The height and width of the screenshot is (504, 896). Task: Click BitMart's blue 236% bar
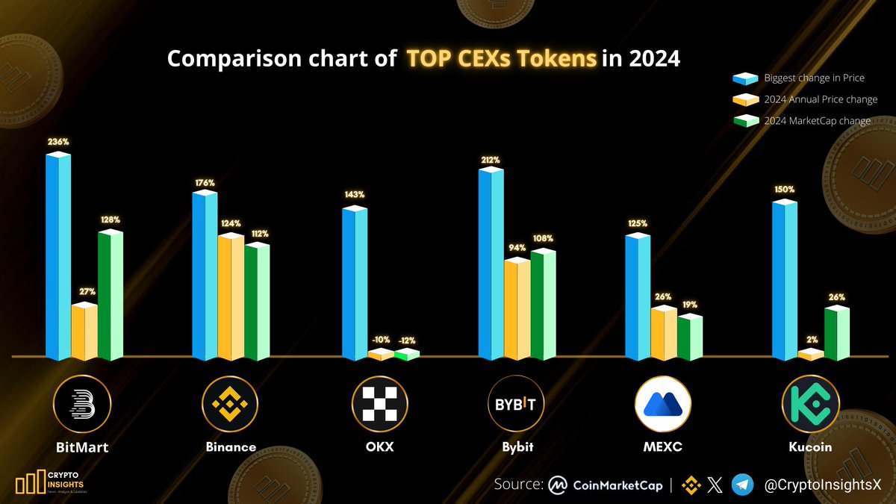[58, 258]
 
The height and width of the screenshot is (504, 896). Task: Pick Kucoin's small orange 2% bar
[810, 355]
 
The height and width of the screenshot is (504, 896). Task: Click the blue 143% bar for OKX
[355, 284]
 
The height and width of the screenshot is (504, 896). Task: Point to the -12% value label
[407, 341]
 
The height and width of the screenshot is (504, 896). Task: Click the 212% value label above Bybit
[491, 160]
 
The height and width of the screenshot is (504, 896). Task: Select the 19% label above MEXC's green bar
[690, 305]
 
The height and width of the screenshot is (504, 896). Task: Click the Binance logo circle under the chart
[231, 404]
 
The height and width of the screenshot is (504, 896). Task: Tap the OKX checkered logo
[380, 404]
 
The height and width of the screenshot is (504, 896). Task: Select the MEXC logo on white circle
[663, 404]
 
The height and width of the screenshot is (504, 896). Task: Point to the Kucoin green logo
[810, 404]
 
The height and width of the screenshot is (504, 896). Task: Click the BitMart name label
[82, 448]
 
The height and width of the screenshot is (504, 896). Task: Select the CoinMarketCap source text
[617, 485]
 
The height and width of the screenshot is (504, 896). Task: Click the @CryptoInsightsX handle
[822, 485]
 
